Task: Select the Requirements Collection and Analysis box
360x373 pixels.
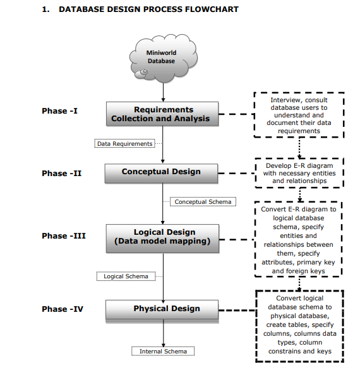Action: point(162,114)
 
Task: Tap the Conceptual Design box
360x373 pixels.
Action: point(162,172)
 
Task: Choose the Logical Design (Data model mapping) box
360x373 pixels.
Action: point(162,237)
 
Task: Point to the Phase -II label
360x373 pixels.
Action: point(62,174)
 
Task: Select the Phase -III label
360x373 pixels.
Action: point(63,236)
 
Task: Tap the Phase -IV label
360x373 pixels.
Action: point(63,309)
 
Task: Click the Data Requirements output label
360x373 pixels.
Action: point(124,144)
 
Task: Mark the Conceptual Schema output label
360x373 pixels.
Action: point(203,202)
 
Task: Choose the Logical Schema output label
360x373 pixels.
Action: point(126,276)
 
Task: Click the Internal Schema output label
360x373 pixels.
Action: point(163,352)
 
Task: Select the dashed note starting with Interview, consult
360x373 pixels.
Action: point(299,115)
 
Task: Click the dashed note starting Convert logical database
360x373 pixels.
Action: point(300,325)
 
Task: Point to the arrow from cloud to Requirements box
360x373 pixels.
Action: point(163,92)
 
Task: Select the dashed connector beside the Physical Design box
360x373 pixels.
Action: point(237,310)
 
